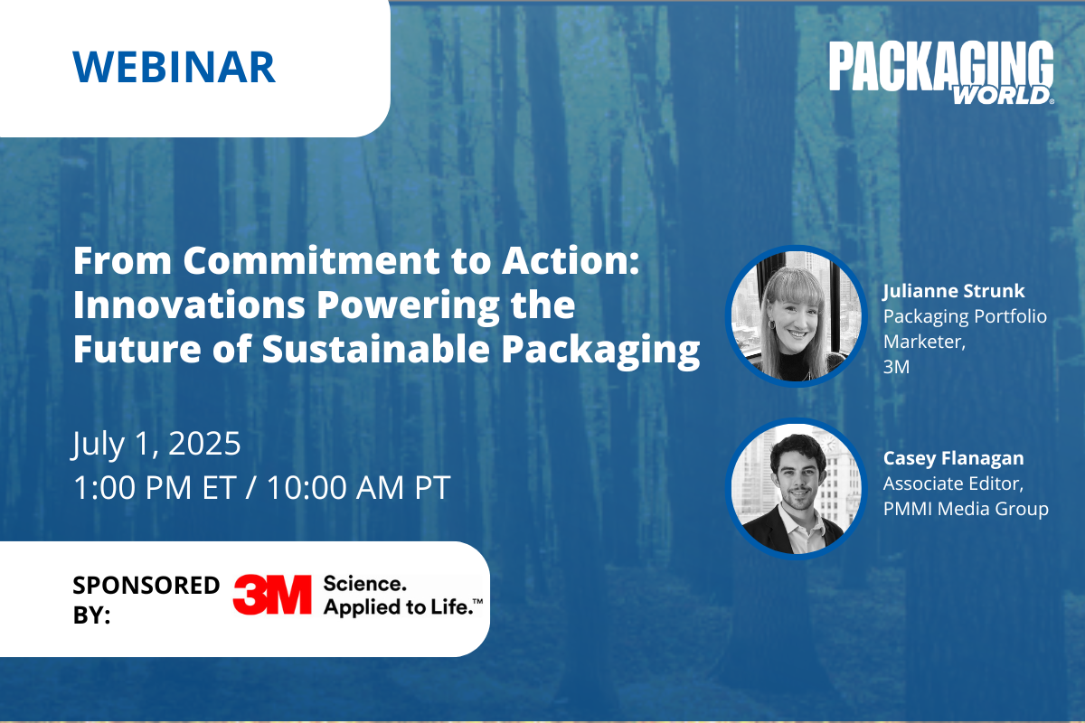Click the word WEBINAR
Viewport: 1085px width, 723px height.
click(174, 67)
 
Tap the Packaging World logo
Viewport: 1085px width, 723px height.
click(941, 72)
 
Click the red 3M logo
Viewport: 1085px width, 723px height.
click(272, 594)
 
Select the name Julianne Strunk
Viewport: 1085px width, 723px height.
click(954, 291)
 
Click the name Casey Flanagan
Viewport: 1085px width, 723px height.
click(953, 458)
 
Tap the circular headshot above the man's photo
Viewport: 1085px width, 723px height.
click(797, 316)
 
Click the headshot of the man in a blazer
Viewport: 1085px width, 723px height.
click(797, 489)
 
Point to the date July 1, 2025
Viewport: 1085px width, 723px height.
click(156, 444)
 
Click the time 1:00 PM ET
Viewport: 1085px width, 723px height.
click(155, 487)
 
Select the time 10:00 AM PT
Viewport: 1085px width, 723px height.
click(359, 487)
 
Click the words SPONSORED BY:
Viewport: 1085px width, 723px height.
click(146, 599)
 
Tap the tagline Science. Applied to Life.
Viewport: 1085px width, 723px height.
click(403, 596)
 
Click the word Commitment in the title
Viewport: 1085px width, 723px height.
click(311, 260)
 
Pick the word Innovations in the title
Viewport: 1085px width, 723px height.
click(189, 305)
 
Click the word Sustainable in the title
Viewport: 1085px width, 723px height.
click(376, 349)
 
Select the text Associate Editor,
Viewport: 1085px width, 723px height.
click(953, 484)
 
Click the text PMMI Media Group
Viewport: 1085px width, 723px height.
click(966, 509)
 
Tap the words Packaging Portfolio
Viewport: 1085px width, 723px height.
click(965, 316)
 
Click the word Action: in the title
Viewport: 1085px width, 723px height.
click(571, 260)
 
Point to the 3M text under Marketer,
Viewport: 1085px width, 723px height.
click(896, 367)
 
